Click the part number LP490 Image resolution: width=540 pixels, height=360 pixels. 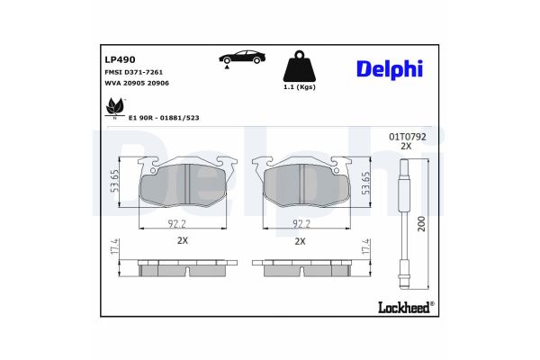click(120, 59)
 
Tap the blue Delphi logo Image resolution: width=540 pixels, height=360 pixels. click(390, 69)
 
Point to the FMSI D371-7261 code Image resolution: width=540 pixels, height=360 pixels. click(133, 72)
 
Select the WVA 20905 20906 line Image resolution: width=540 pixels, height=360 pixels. click(137, 84)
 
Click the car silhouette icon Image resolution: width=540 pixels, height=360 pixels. click(242, 58)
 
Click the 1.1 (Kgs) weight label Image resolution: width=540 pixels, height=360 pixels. click(300, 87)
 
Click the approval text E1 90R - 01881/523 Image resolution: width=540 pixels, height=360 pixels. click(164, 118)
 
